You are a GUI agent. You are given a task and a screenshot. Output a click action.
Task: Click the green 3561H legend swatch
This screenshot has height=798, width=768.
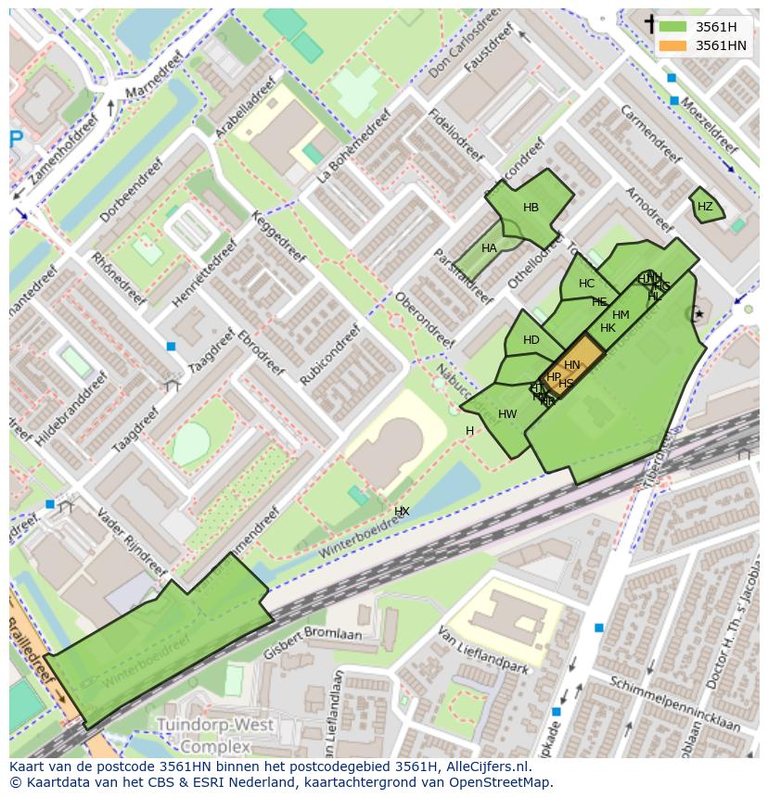tap(672, 27)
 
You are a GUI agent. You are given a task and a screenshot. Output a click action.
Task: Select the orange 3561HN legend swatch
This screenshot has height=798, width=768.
tap(672, 45)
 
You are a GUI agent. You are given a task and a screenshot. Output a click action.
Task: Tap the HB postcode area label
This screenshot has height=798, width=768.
tap(531, 208)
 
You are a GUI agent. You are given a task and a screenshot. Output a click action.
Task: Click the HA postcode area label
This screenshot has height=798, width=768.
tap(489, 248)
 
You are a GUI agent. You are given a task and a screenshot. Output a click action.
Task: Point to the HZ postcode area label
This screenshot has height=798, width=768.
tap(705, 207)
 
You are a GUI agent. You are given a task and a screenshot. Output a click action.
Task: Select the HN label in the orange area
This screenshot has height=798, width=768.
tap(572, 365)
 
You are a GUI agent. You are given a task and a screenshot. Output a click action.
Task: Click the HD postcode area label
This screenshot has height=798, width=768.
tap(531, 340)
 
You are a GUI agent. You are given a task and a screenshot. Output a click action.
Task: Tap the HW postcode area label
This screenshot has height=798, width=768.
tap(507, 414)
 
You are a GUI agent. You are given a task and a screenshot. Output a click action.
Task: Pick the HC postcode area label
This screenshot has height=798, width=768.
tap(586, 284)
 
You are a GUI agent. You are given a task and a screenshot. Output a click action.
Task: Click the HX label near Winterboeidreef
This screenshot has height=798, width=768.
tap(402, 511)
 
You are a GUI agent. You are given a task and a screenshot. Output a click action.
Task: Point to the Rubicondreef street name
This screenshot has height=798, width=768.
tap(330, 354)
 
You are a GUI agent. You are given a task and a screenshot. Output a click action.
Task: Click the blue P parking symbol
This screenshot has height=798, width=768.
tap(16, 140)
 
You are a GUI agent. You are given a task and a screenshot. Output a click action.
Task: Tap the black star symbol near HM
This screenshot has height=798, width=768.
tap(699, 315)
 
